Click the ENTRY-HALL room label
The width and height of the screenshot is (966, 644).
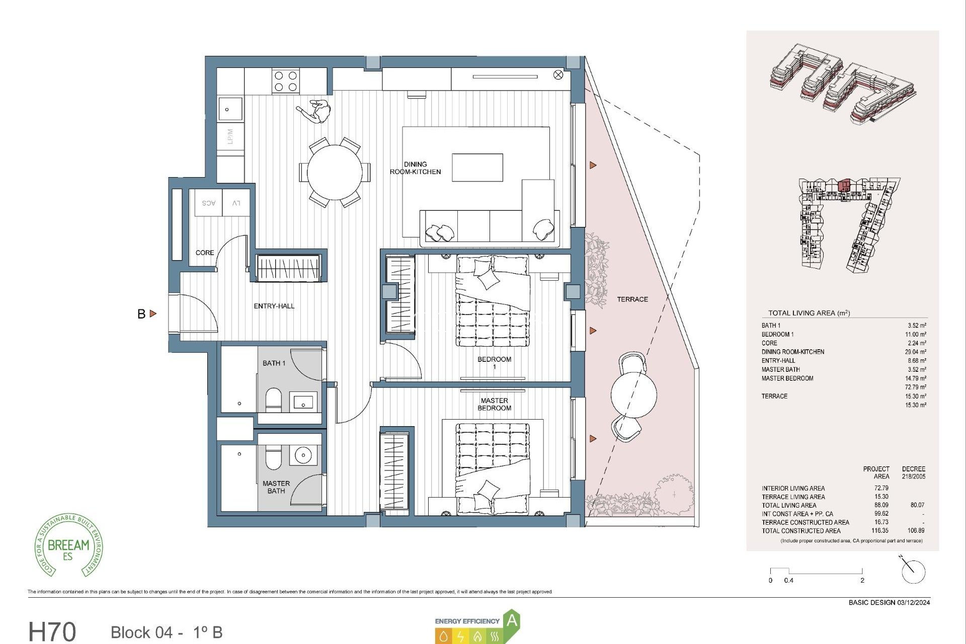click(x=274, y=306)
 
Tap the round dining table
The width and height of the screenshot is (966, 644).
click(x=335, y=172)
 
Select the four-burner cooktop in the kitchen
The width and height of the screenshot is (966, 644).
click(x=285, y=82)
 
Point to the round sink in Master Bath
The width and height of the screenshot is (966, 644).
click(x=303, y=456)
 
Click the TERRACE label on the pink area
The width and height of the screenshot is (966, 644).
click(x=632, y=299)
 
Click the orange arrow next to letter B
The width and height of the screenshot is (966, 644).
click(x=153, y=313)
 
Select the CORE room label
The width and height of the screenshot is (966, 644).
click(x=205, y=253)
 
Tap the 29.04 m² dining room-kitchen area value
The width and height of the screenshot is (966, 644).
click(x=915, y=352)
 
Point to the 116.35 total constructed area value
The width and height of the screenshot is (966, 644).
click(x=880, y=531)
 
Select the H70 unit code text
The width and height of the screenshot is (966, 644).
click(x=52, y=631)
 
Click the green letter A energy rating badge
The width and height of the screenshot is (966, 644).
click(x=512, y=620)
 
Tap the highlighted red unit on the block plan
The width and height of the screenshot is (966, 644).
click(x=844, y=185)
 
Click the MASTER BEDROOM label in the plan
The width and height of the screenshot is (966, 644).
click(x=494, y=404)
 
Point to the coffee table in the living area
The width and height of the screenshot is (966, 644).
click(x=477, y=168)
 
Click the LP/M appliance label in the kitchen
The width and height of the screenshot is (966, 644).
click(x=230, y=136)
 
